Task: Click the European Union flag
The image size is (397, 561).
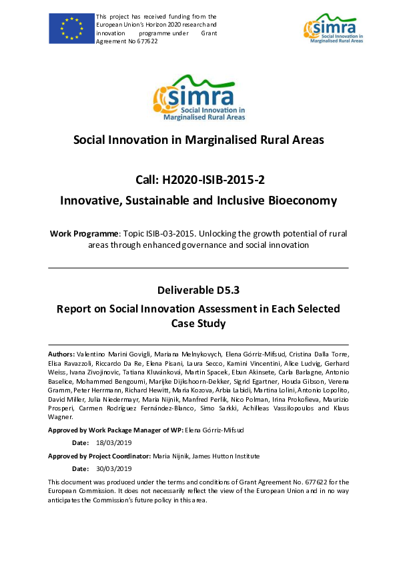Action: [x=70, y=28]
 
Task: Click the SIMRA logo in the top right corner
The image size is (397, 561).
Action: [x=334, y=30]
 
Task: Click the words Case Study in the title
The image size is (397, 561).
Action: [x=198, y=324]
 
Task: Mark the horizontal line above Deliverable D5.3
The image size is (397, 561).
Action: [x=198, y=268]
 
